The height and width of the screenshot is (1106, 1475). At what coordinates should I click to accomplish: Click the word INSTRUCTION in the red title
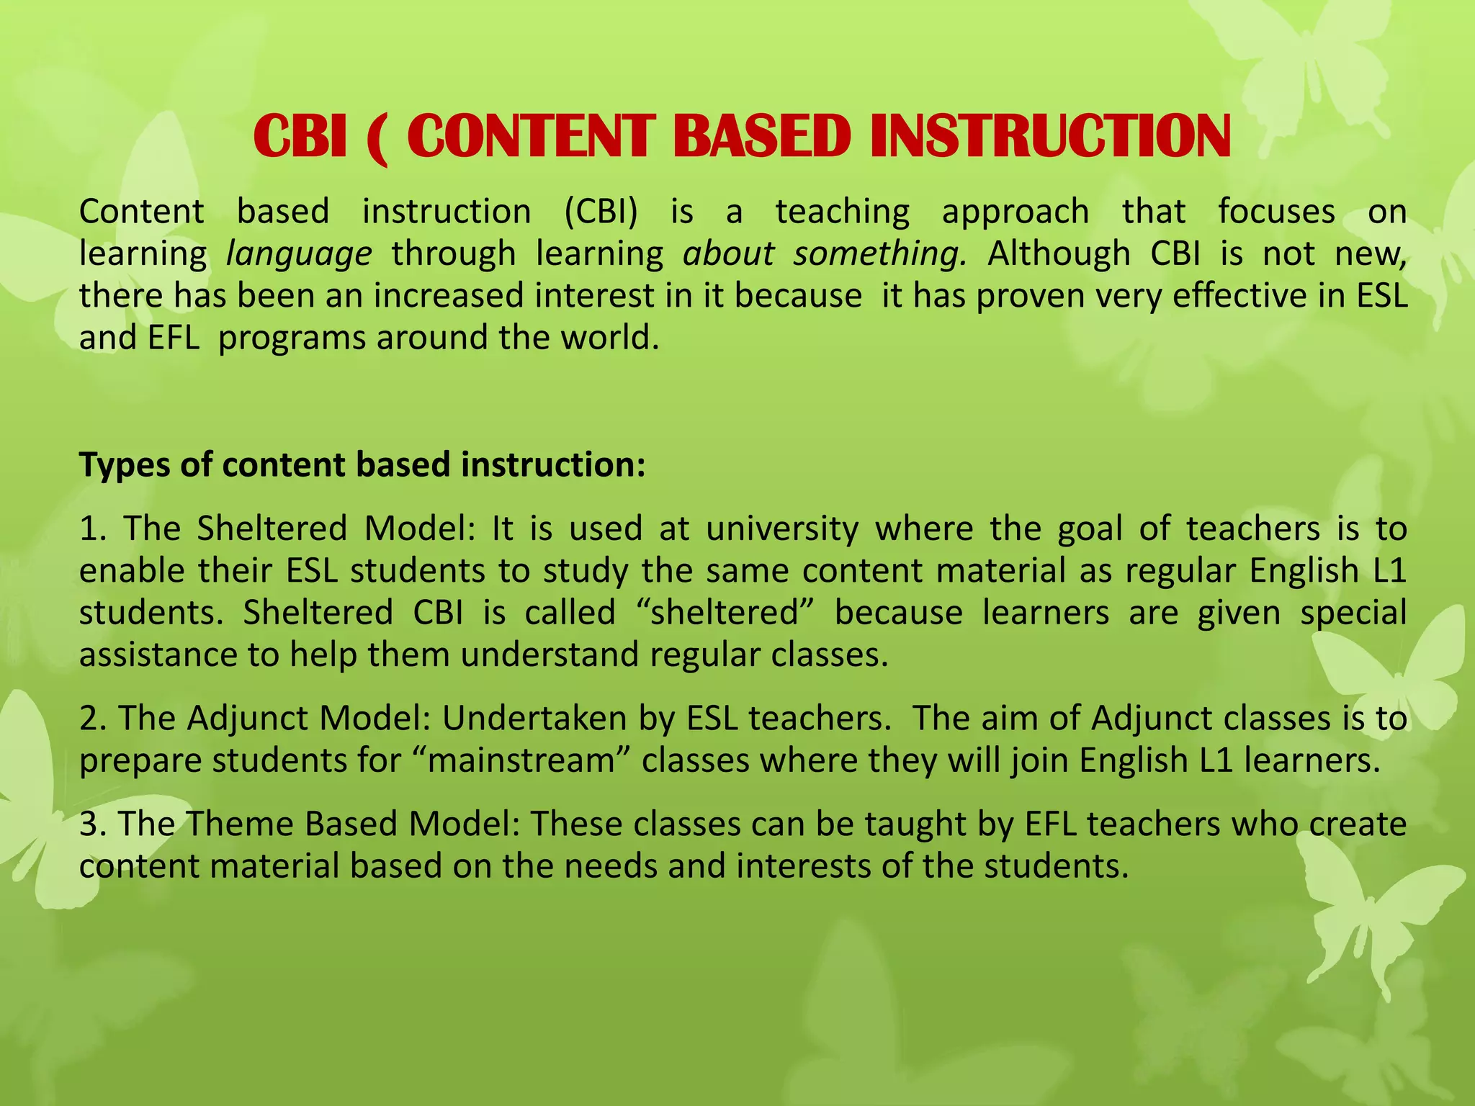1050,137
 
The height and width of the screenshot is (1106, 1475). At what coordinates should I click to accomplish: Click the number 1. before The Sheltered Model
94,529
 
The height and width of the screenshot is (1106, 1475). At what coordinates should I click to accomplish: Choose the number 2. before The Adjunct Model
94,719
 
